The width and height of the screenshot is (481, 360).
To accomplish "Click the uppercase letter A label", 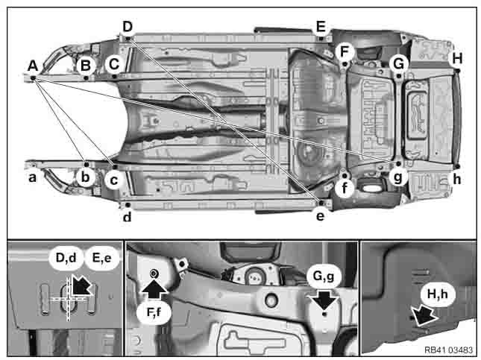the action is coord(33,66).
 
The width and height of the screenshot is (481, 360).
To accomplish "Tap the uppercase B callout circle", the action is coord(86,66).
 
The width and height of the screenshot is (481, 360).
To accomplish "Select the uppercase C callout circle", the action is coord(114,64).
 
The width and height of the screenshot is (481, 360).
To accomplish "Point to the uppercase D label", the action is coord(128,26).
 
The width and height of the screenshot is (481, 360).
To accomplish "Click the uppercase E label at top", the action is coord(321,26).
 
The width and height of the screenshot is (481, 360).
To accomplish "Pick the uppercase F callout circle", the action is coord(345,52).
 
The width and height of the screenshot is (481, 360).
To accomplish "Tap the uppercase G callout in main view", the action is coord(398,64).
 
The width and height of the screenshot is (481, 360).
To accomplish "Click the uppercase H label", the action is coord(457,58).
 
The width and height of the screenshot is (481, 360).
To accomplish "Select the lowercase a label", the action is coord(32,177).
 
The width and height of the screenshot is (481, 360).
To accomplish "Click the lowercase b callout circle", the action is coord(85,177).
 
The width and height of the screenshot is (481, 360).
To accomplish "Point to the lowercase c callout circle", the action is coord(114,180).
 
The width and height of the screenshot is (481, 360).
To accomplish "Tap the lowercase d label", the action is coord(127,216).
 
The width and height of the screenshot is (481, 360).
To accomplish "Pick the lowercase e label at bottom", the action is coord(320,216).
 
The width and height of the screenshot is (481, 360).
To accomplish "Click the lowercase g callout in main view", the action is coord(398,177).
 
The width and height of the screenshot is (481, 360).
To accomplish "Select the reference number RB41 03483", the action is coord(448,350).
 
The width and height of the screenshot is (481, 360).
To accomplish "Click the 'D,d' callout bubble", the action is coord(66,258).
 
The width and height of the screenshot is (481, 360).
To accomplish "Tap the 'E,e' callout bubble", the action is coord(101,258).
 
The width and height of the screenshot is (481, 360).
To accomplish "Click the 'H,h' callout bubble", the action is coord(438,294).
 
